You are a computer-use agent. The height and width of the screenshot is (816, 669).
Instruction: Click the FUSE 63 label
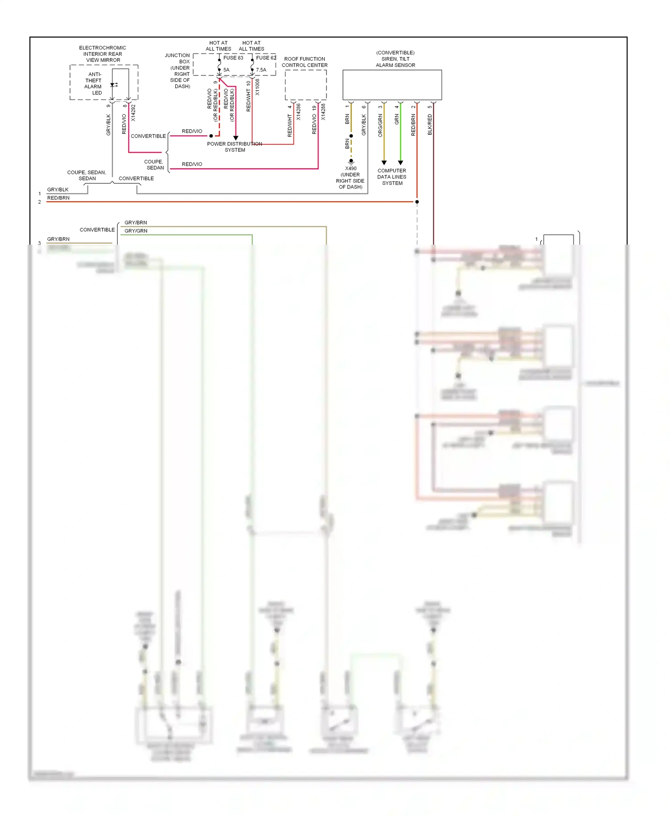233,58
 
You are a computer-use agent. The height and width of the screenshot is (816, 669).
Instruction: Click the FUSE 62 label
266,58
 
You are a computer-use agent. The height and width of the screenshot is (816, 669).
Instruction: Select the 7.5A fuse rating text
261,70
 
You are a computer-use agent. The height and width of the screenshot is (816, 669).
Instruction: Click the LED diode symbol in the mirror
113,85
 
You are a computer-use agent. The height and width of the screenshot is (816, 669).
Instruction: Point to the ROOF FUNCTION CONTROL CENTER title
305,62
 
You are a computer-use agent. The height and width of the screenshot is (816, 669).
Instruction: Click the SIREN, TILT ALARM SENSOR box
392,85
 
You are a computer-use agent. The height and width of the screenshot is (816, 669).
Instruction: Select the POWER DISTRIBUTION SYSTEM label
235,147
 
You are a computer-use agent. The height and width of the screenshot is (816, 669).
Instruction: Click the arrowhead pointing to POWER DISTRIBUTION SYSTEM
236,138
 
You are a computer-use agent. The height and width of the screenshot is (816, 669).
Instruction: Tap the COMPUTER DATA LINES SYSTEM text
392,177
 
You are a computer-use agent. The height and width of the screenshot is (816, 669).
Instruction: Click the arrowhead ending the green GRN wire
401,163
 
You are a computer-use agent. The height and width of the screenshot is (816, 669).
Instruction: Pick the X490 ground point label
351,169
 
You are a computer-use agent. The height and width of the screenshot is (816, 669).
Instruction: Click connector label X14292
133,113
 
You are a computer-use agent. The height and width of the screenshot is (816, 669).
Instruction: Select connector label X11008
257,87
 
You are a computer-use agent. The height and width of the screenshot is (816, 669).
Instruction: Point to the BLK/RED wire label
430,125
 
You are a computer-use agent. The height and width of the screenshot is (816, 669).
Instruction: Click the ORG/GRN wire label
380,125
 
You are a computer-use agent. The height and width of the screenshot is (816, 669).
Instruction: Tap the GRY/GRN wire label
136,231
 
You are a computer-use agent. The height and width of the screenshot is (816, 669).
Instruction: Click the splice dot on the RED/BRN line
417,202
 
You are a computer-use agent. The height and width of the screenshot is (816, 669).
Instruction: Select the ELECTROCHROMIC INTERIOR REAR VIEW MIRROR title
103,54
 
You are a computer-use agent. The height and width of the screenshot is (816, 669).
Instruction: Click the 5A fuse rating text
227,70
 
